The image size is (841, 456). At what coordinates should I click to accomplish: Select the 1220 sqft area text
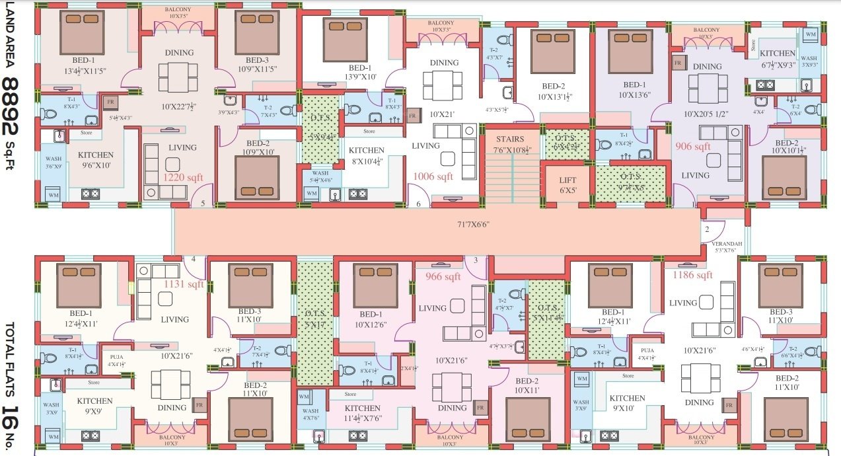tap(184, 177)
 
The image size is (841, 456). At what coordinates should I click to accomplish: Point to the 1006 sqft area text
tap(433, 176)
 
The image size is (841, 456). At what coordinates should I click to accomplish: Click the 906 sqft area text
tap(693, 146)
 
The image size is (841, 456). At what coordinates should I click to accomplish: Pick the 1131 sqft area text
tap(185, 284)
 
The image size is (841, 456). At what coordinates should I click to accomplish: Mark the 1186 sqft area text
tap(692, 275)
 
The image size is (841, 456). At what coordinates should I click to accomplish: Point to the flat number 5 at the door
tap(203, 203)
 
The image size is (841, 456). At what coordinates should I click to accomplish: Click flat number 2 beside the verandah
tap(706, 230)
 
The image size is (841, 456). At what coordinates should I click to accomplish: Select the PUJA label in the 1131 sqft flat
tap(117, 356)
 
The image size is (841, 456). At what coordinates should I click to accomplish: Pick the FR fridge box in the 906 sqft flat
tap(678, 63)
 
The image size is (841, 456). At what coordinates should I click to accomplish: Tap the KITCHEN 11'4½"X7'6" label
tap(363, 413)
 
